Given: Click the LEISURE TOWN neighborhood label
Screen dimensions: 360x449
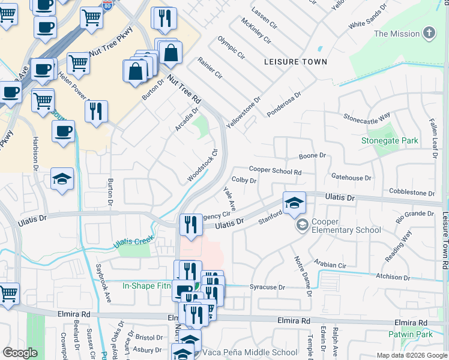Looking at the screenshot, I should [x=296, y=62].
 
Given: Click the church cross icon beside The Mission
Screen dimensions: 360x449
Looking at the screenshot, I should [x=429, y=33].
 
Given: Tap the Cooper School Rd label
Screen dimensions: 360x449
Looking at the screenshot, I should [x=274, y=171].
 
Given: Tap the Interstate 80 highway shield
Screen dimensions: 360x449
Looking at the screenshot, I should [x=108, y=6].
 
